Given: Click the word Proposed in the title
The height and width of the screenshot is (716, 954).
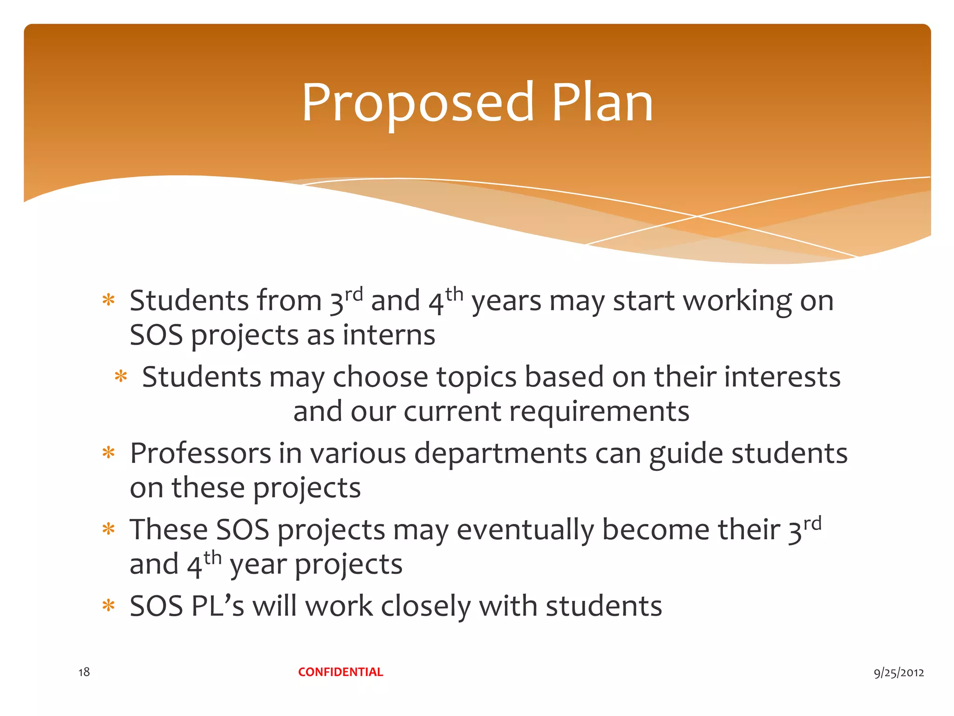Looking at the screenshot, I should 417,103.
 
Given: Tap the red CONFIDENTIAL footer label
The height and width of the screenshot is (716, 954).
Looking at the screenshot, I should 341,672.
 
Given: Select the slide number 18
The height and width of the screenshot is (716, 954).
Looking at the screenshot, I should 84,672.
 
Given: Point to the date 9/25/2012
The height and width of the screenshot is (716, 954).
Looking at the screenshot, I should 899,672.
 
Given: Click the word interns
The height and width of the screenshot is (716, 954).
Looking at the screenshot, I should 388,335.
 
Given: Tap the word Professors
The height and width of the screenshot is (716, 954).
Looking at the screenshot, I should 200,453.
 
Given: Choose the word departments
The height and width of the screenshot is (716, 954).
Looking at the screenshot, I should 500,453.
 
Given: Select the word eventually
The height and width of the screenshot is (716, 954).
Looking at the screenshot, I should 525,530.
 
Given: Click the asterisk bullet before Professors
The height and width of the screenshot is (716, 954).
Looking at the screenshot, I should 109,453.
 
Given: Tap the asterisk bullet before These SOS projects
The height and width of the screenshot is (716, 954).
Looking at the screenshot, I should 109,529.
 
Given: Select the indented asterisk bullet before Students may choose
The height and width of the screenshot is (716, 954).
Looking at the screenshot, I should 121,376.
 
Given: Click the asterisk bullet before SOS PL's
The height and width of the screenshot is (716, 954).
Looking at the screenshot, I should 109,606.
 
